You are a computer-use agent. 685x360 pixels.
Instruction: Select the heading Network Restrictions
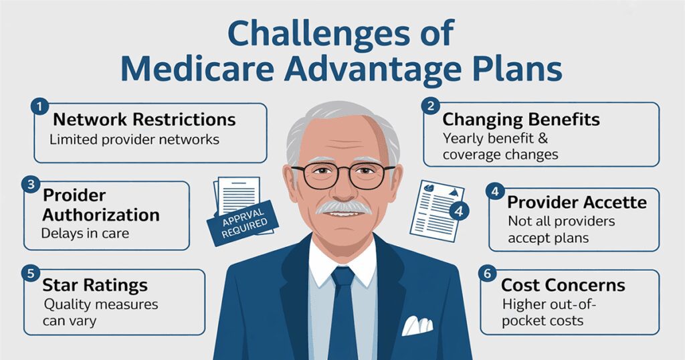(144, 120)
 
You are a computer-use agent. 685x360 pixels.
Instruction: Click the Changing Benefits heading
(521, 120)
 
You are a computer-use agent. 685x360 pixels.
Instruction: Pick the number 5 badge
(30, 272)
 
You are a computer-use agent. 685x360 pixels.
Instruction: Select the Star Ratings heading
(95, 286)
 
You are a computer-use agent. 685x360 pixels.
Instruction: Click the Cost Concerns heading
(563, 285)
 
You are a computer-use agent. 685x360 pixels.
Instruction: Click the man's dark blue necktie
(342, 308)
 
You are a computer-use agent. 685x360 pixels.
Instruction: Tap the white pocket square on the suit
(417, 326)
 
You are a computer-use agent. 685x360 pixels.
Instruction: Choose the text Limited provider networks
(134, 140)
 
